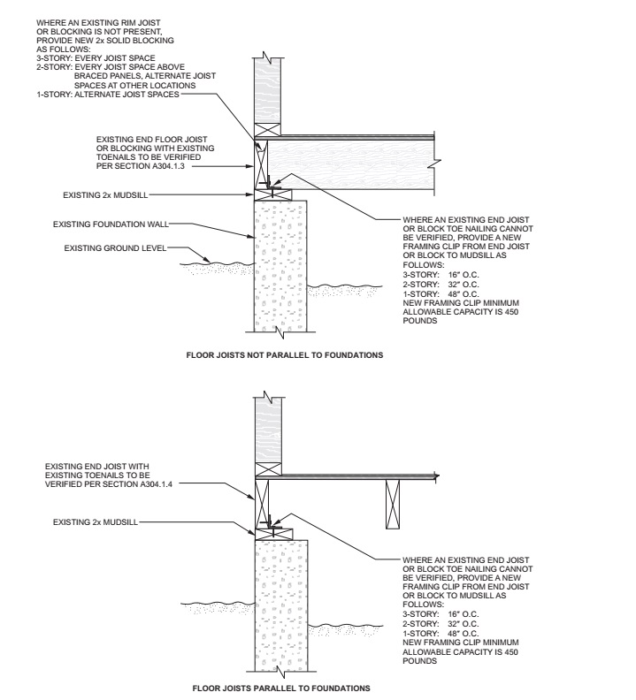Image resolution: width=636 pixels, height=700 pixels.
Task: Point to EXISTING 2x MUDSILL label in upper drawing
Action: (x=100, y=193)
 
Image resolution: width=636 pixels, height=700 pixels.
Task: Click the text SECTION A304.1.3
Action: (x=141, y=165)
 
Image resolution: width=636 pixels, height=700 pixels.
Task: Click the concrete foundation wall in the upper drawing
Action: (x=281, y=265)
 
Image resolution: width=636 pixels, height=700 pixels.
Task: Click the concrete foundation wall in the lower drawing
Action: (x=281, y=601)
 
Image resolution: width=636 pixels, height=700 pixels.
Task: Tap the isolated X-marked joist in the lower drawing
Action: (x=392, y=504)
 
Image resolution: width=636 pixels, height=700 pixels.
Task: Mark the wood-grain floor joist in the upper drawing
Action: (x=354, y=166)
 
